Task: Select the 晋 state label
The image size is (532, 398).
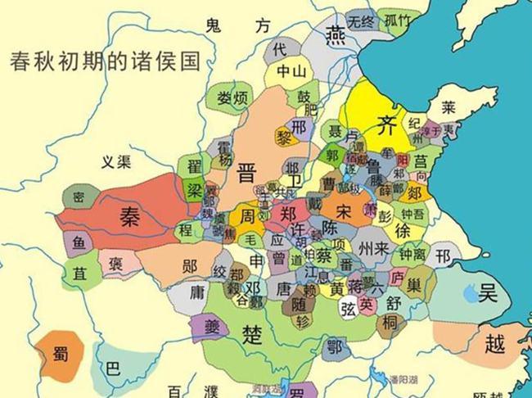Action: [246, 173]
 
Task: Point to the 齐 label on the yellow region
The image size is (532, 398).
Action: [385, 124]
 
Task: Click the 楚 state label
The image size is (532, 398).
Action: [252, 331]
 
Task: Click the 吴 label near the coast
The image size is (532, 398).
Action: [489, 290]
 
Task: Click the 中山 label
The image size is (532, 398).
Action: [290, 71]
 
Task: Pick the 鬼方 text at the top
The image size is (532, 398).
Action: [237, 25]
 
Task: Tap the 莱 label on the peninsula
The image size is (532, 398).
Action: [448, 108]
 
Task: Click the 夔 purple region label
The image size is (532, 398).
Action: [207, 325]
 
